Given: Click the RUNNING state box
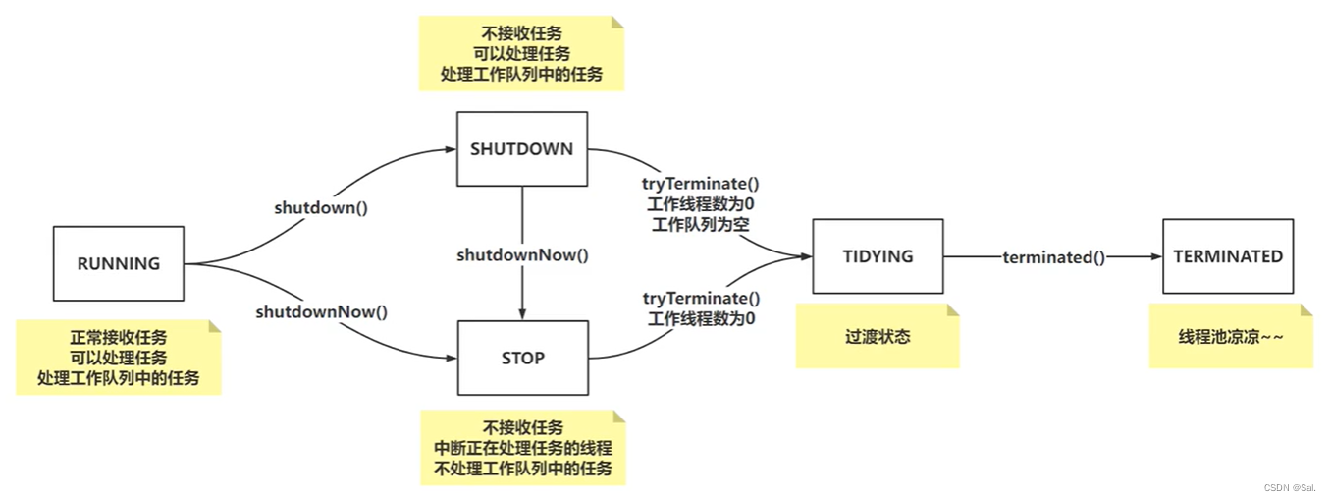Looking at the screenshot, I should point(118,263).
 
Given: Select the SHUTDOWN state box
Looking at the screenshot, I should point(522,149).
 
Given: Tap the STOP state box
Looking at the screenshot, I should point(522,358).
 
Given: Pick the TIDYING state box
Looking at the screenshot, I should point(878,256).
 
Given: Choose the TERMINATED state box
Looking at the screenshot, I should point(1228,256).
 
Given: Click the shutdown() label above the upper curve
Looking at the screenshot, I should point(313,208).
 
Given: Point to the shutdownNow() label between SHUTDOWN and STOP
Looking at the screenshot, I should point(522,254).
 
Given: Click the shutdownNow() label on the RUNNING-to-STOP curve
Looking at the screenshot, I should point(322,312).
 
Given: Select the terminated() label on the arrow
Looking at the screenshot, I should point(1053,257).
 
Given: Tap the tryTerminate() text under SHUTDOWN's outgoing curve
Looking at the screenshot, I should point(701,183).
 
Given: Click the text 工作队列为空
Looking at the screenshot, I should point(701,224).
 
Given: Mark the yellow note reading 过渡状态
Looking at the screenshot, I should point(878,336).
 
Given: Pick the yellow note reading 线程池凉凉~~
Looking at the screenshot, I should point(1231,336).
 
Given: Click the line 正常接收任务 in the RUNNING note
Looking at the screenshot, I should point(118,337).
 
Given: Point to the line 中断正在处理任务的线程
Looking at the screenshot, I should point(522,448).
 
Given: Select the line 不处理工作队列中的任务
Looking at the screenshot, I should point(522,469).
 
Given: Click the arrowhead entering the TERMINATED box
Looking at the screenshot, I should point(1155,257).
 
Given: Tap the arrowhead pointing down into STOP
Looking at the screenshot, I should point(522,314).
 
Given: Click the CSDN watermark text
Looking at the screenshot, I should point(1289,488).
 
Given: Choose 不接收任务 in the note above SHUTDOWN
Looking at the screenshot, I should point(521,32).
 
